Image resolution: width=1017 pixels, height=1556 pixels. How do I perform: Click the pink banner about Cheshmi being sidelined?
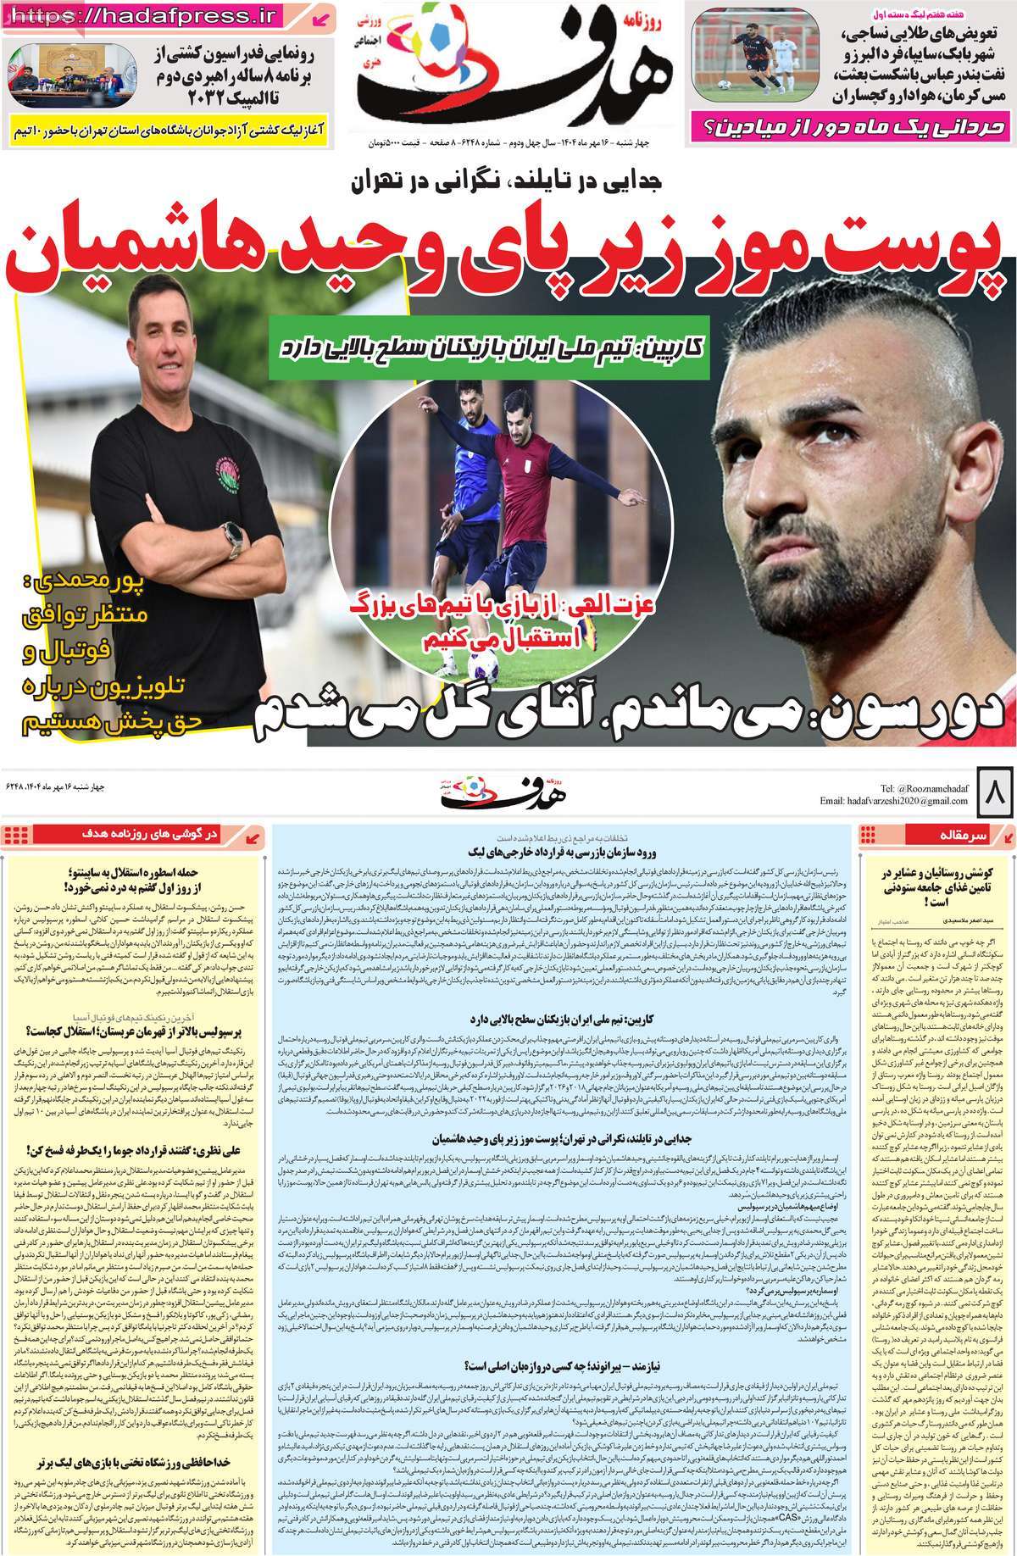849,127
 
